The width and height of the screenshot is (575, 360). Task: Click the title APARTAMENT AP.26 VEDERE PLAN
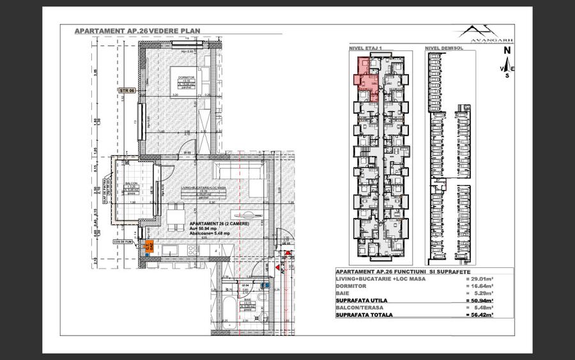pyautogui.click(x=130, y=30)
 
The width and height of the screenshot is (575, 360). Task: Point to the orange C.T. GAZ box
pyautogui.click(x=150, y=245)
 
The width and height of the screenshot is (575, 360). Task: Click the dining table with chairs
pyautogui.click(x=174, y=217)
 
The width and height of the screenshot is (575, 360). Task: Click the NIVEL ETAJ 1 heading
pyautogui.click(x=365, y=48)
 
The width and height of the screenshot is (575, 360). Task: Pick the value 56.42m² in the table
pyautogui.click(x=480, y=315)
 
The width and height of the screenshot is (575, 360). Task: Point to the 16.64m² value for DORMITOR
pyautogui.click(x=480, y=286)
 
